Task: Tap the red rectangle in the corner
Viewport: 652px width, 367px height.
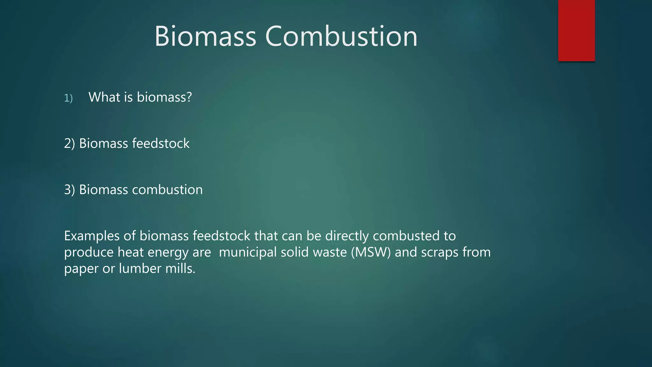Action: pos(576,30)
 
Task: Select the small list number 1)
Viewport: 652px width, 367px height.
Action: pos(68,98)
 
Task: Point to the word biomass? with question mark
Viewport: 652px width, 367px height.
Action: pos(164,97)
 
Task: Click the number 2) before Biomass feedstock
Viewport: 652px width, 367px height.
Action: pos(69,144)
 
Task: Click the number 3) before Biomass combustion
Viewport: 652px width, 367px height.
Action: pos(69,190)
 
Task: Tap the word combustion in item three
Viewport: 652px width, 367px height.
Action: pos(167,190)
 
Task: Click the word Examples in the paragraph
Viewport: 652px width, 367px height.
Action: pos(92,236)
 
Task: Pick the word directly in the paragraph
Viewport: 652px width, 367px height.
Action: pos(347,236)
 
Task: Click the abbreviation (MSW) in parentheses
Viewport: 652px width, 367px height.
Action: pos(371,252)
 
